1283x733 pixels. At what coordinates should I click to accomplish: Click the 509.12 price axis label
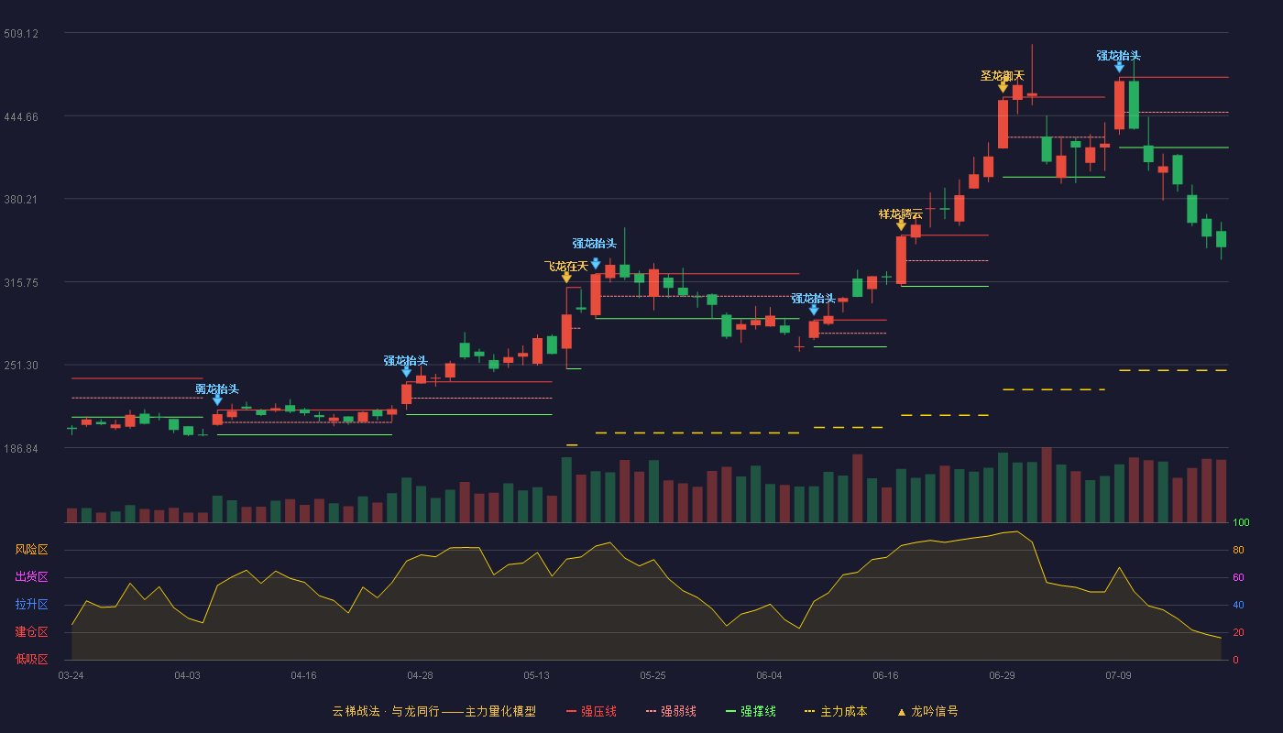click(21, 34)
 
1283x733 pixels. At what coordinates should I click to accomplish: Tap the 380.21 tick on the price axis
click(21, 200)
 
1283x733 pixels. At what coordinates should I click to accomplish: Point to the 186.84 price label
click(21, 448)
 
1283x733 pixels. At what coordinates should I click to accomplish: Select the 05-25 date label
click(652, 676)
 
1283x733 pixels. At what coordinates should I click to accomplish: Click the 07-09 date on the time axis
click(1119, 676)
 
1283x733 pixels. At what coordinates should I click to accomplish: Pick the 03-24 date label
click(71, 676)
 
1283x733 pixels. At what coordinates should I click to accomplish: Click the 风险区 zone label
click(31, 550)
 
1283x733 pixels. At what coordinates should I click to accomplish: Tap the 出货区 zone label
click(31, 576)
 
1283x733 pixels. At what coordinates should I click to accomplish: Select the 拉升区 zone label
click(31, 604)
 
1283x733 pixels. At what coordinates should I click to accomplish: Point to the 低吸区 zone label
click(31, 659)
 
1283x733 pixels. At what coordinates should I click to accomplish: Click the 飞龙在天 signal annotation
click(566, 267)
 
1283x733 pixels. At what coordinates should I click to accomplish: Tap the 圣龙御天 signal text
click(1003, 75)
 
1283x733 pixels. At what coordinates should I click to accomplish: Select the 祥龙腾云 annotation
click(900, 214)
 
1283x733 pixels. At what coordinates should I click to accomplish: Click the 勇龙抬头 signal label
click(217, 389)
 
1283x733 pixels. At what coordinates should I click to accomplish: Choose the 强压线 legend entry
click(592, 711)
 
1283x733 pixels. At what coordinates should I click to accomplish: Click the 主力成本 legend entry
click(836, 711)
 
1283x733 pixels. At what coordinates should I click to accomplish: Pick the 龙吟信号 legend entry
click(927, 711)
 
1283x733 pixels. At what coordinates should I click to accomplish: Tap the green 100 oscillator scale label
click(1241, 522)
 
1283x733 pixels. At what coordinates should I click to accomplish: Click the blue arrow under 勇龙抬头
click(218, 400)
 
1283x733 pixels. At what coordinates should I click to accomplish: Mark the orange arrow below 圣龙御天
click(1003, 87)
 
